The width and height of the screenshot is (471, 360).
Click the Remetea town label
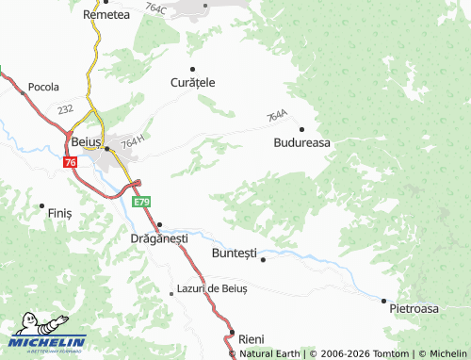point(106,15)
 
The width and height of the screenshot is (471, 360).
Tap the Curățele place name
point(192,82)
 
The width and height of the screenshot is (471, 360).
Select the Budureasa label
point(301,143)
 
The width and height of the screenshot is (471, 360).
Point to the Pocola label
point(44,86)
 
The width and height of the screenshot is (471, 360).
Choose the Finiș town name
point(59,214)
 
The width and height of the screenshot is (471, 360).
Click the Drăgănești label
point(158,238)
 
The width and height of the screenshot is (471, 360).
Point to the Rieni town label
point(252,338)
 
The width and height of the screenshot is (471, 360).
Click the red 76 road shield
point(71,163)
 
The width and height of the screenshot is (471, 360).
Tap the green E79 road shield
point(141,203)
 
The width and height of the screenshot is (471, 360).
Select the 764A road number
point(276,116)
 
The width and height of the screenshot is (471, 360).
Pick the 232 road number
point(64,110)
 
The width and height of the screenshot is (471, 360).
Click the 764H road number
point(133,140)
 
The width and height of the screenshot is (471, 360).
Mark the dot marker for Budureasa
point(301,129)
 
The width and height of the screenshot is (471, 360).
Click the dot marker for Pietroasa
point(383,301)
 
